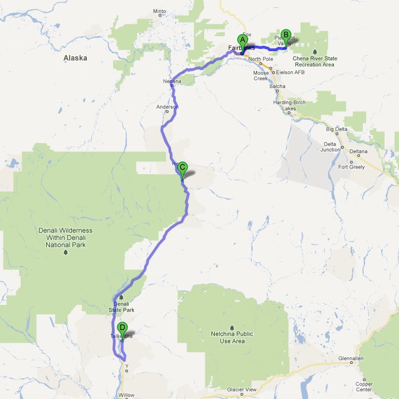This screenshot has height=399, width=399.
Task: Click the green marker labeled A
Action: point(242,40)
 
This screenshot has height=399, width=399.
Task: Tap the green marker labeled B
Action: point(286,35)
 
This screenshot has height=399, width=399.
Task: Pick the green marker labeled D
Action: point(122,328)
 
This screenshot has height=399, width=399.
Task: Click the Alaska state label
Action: point(75,57)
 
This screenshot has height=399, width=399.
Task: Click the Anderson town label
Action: point(168,106)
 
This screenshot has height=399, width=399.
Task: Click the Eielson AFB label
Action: point(287,72)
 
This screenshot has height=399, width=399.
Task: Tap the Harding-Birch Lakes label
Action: point(292,105)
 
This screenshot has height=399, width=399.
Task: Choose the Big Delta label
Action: point(337,129)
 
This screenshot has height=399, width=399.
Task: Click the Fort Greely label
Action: point(351,167)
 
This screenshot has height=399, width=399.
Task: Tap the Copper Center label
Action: point(365,386)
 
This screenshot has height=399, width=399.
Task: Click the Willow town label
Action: point(126,395)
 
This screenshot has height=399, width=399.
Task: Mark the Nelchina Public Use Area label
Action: point(233,337)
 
